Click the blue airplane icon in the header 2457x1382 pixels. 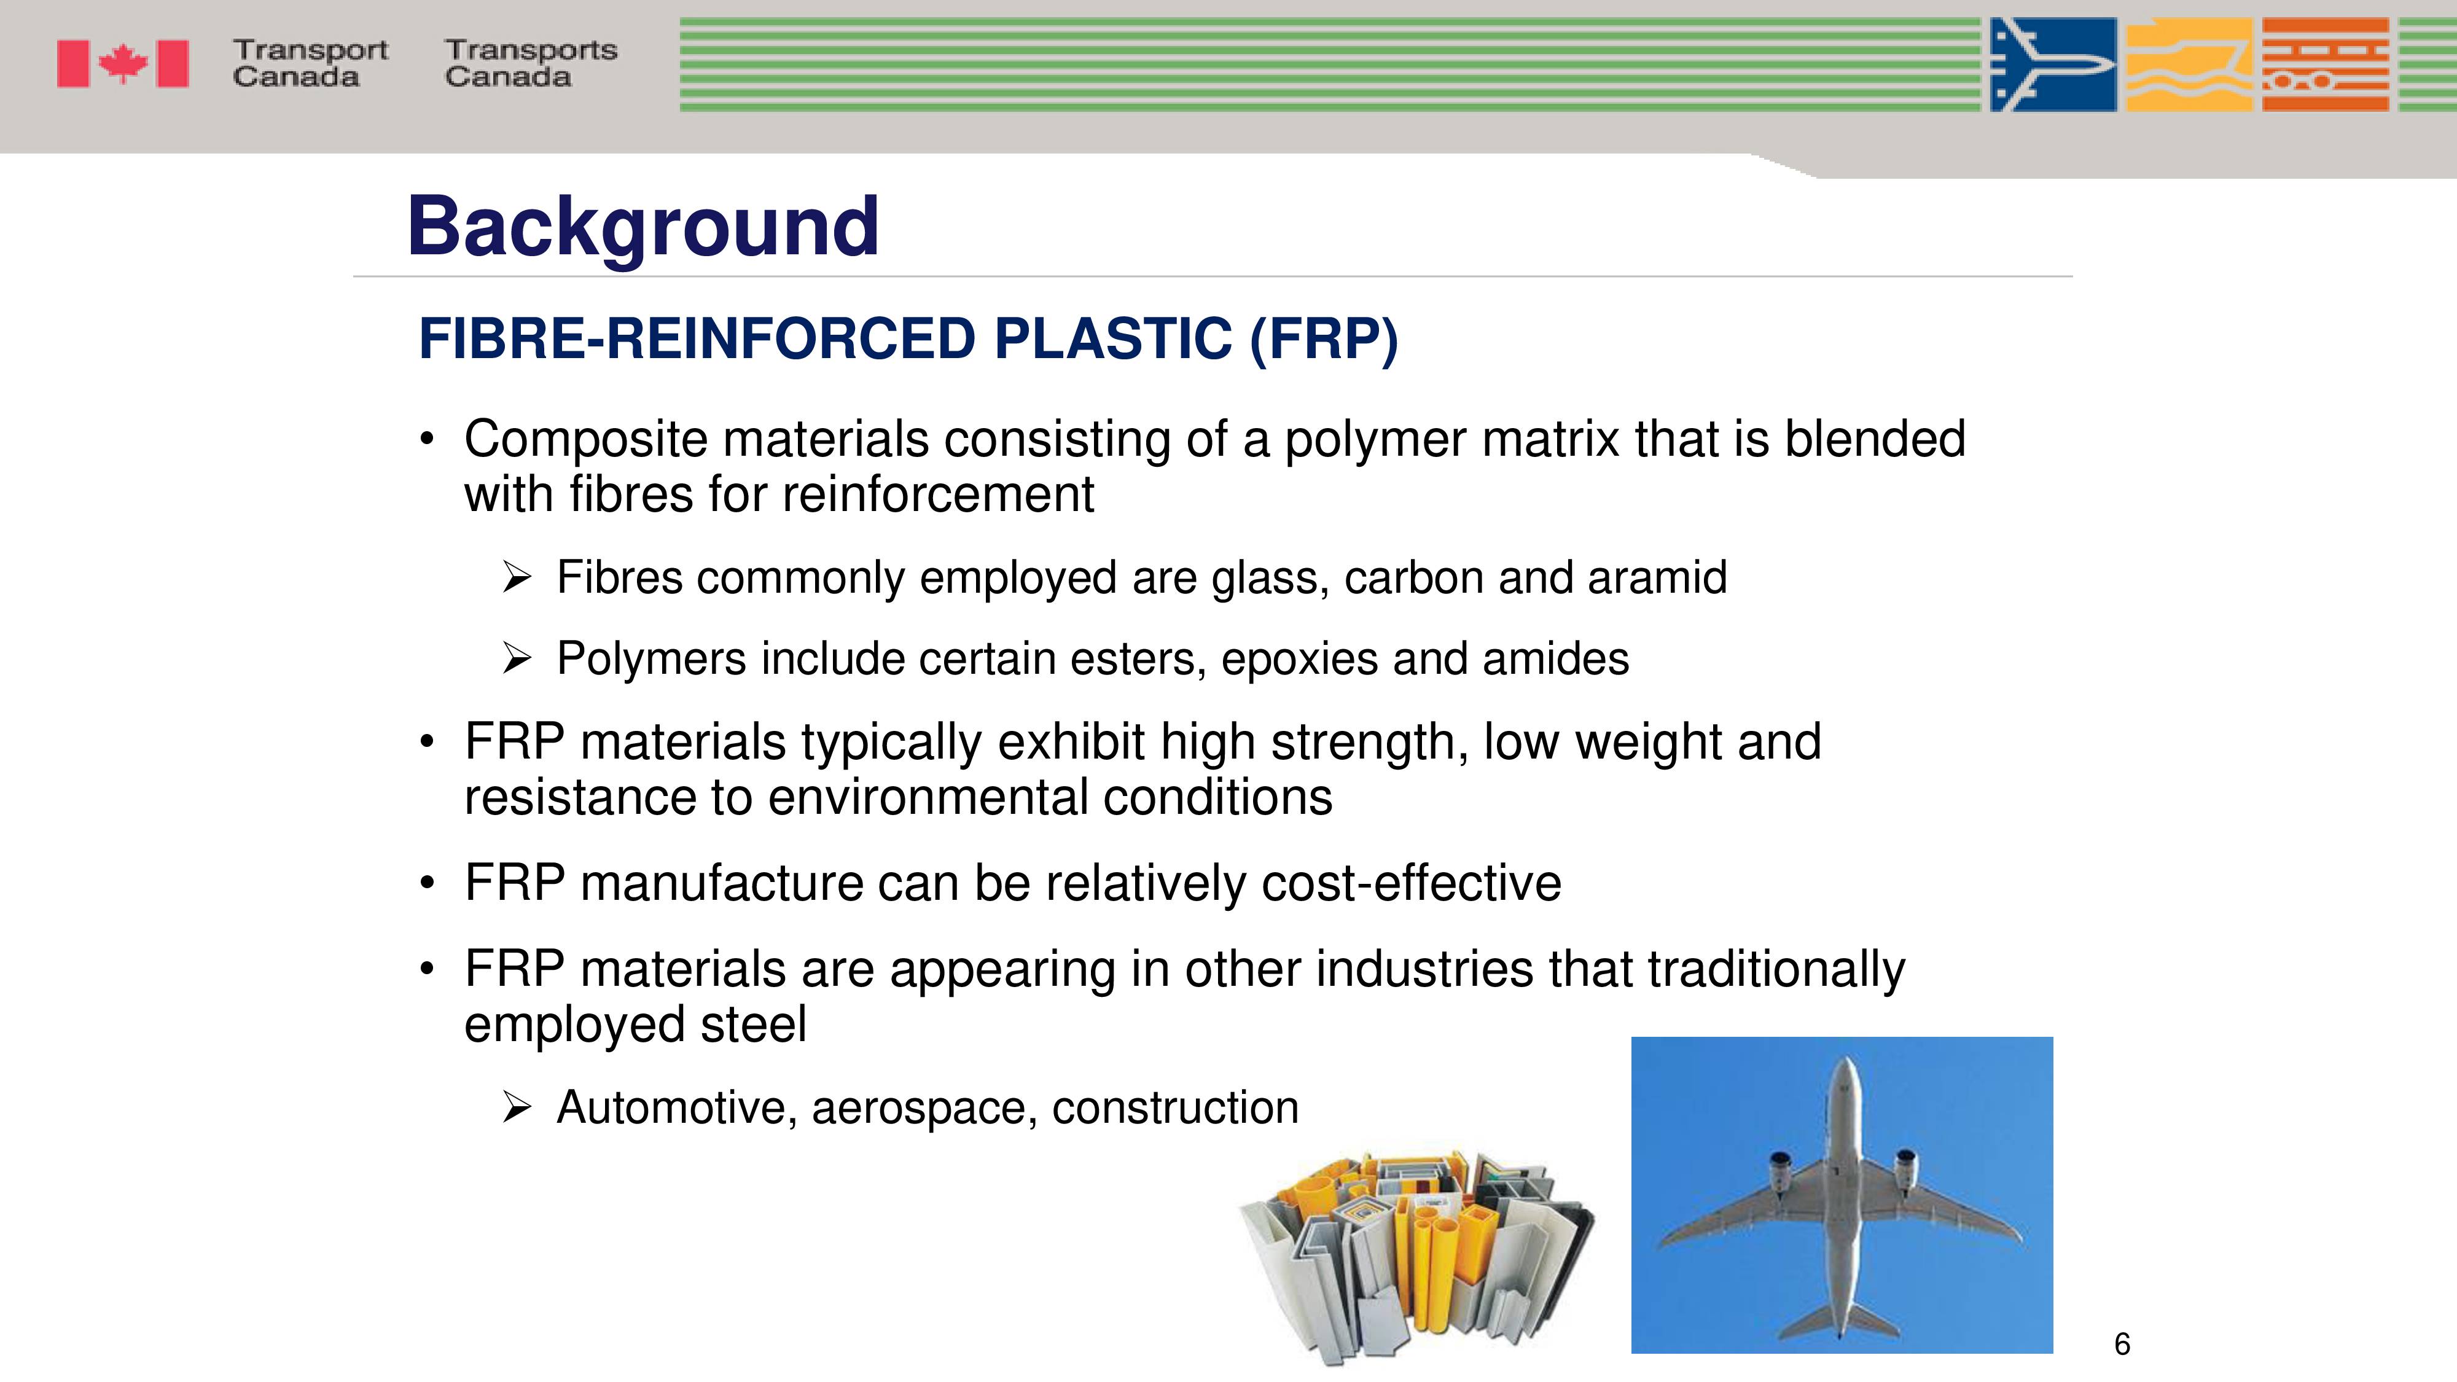point(2053,64)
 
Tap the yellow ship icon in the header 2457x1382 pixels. point(2190,64)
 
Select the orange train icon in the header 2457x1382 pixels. point(2326,64)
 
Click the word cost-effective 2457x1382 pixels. point(1412,882)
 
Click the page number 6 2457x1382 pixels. point(2122,1344)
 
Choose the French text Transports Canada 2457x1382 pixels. point(531,63)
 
